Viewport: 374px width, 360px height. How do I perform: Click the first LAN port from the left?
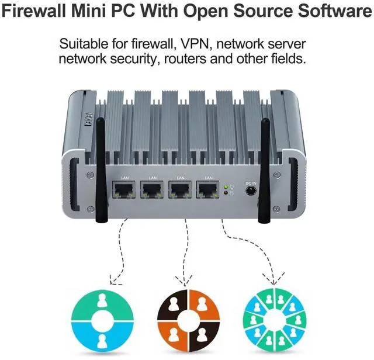coord(124,191)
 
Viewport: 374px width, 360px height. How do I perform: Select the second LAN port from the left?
coord(152,191)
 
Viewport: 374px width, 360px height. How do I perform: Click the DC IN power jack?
coord(252,192)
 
